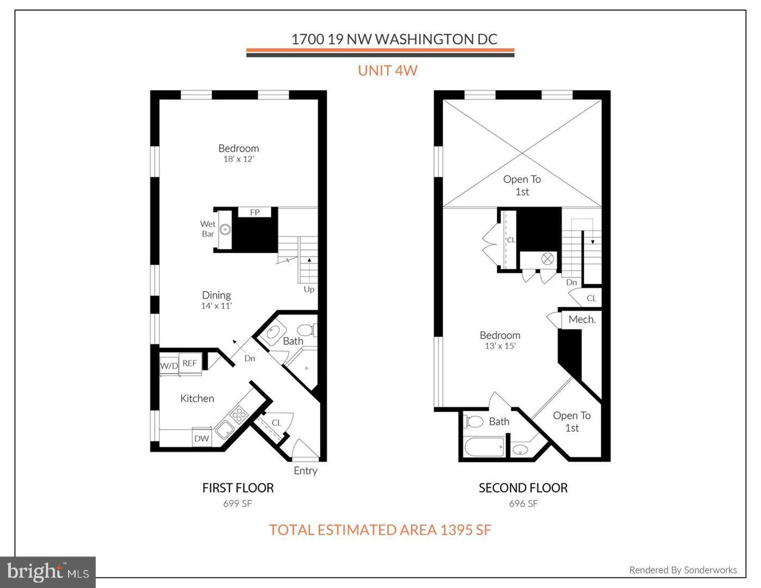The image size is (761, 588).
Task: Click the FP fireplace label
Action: pos(254,212)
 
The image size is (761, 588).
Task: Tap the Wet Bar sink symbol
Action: pos(225,230)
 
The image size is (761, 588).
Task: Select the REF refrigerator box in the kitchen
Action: pos(190,363)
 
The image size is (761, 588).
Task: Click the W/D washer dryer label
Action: pos(169,366)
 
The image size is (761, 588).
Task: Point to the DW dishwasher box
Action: pos(202,438)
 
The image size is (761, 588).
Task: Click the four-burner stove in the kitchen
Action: pos(239,415)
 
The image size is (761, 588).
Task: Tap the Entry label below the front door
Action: pos(305,470)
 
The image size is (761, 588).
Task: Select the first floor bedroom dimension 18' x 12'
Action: pos(239,159)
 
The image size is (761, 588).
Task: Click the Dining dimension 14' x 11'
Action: pos(216,306)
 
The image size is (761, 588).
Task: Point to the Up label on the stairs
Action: pos(309,289)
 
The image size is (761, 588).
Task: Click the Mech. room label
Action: pos(582,320)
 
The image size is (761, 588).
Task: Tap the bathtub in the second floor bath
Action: pos(484,448)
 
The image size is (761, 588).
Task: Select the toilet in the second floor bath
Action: pos(474,421)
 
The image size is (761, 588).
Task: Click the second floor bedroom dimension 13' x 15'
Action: pos(500,346)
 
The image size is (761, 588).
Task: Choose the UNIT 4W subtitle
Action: pos(387,70)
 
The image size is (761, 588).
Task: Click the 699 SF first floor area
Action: pos(238,504)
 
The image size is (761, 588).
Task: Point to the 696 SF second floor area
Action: pos(523,504)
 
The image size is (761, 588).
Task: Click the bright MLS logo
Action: pos(48,572)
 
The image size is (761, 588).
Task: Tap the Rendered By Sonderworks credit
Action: pos(683,570)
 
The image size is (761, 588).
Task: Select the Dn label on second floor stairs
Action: pos(571,282)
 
